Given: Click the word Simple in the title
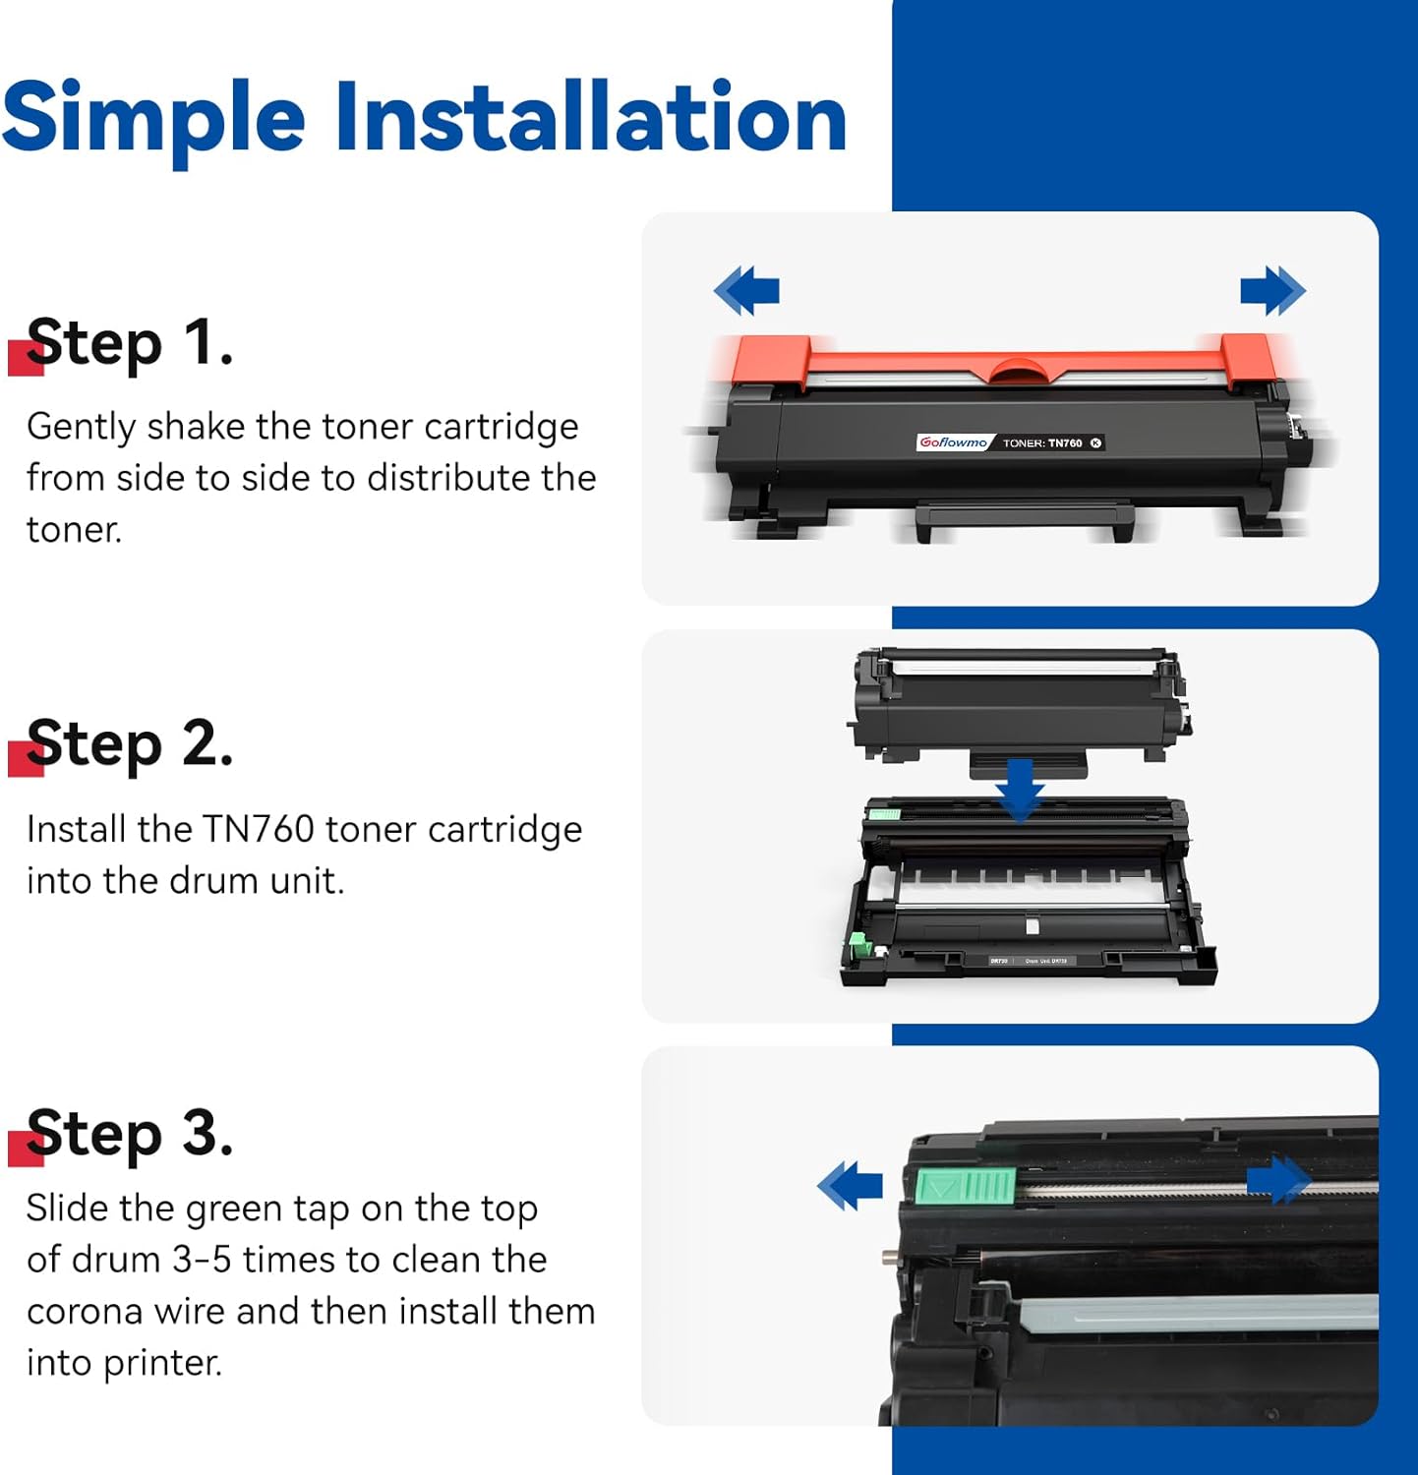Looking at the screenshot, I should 153,119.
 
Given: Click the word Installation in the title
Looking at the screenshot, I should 590,117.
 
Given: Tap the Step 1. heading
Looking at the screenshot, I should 130,343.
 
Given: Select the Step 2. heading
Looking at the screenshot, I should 130,744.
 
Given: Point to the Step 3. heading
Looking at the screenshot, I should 130,1134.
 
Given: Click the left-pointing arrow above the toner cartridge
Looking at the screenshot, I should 746,290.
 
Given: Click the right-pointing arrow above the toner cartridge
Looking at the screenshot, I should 1272,290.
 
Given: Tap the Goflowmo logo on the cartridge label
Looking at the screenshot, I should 953,442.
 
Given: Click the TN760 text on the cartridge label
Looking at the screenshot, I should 1064,443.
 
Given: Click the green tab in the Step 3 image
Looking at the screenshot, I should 965,1186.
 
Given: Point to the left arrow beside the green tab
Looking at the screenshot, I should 850,1185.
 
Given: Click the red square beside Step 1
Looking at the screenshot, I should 25,358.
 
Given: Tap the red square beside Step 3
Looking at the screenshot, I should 25,1149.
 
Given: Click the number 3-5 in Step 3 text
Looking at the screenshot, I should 204,1260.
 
